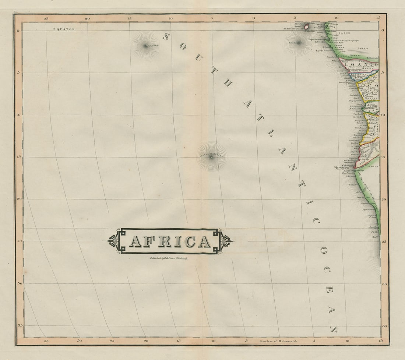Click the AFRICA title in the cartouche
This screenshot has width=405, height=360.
[x=170, y=241]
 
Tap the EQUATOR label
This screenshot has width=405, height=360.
[x=64, y=29]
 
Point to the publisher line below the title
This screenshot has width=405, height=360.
[x=169, y=258]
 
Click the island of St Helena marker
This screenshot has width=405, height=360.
[x=211, y=157]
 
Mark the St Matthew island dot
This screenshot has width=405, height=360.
[x=145, y=46]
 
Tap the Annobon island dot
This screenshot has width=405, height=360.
[x=299, y=43]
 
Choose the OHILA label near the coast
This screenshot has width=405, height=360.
[x=373, y=166]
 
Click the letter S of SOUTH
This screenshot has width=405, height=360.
[x=166, y=36]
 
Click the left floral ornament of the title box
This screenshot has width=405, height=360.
[x=113, y=241]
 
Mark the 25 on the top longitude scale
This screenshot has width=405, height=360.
[x=46, y=18]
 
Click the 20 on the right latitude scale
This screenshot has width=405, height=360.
[x=383, y=199]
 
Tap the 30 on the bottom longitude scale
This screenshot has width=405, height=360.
[x=80, y=341]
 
